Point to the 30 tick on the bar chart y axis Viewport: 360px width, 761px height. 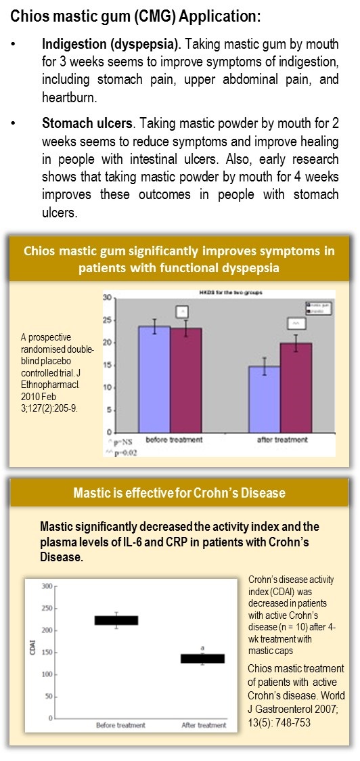pos(106,298)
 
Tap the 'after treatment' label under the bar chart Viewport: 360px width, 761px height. pos(283,439)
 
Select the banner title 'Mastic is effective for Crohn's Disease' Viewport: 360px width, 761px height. pos(179,493)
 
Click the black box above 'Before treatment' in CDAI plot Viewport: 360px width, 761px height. pos(116,620)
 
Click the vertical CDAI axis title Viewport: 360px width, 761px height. pos(32,649)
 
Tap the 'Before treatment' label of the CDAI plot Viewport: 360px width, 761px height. pos(120,725)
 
